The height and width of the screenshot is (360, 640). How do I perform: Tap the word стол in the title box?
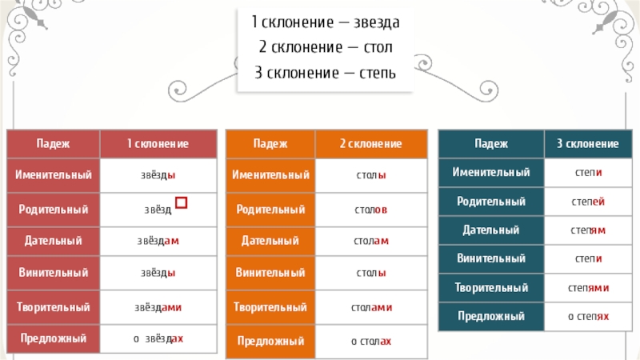(x=374, y=47)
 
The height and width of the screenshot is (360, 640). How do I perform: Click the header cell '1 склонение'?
(x=158, y=143)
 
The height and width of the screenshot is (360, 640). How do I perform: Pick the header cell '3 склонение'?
(x=587, y=143)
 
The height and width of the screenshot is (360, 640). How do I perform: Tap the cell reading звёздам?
(x=158, y=240)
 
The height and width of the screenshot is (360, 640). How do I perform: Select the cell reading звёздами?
(x=158, y=306)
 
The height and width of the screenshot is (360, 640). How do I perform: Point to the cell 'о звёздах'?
(x=158, y=339)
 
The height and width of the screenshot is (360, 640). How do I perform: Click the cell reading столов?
(x=370, y=210)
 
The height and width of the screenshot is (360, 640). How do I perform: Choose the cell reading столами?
(x=371, y=307)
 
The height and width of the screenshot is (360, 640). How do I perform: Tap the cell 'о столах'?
(x=370, y=342)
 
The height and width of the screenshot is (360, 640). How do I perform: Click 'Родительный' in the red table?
(x=54, y=209)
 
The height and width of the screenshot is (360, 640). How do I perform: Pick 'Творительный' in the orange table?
(x=270, y=307)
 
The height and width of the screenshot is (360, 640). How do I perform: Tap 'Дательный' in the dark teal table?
(x=491, y=230)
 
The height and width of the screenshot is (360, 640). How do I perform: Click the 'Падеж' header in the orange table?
(x=270, y=143)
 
